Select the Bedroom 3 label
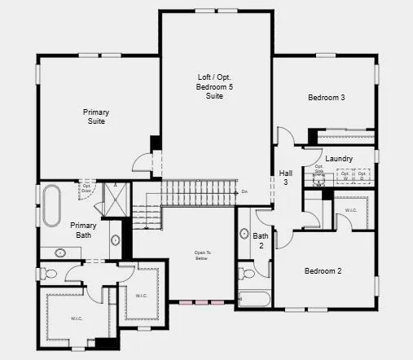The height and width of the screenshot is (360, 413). coord(326,98)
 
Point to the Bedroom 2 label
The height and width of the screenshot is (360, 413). coord(323,271)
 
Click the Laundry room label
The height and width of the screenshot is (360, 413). coord(338,158)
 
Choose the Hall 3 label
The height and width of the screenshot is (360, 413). coord(286,178)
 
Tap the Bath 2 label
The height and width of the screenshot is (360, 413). coord(261,240)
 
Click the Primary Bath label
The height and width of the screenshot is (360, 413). coord(83,230)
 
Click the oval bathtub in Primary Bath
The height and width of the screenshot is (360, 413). coord(51,205)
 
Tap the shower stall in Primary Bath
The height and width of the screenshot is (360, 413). coord(114,198)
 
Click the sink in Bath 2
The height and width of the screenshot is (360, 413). coord(244,235)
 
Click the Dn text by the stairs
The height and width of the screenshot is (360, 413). coord(244,192)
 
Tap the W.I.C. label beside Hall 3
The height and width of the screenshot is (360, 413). coord(350,211)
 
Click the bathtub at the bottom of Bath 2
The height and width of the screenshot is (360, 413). coord(253,298)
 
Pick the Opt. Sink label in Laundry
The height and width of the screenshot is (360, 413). coord(320,172)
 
